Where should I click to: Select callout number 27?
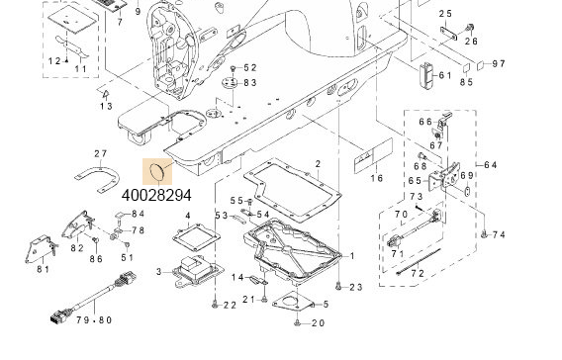100,153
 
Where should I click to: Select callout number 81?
44,269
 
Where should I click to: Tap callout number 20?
317,323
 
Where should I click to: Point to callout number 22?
229,305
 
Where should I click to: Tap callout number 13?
106,106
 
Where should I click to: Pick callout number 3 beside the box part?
159,270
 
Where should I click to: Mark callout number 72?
418,272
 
